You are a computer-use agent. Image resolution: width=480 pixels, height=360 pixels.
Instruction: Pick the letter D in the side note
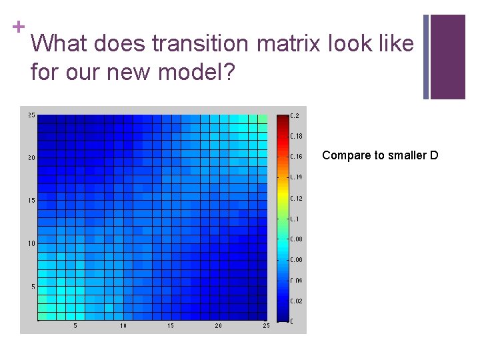pos(434,155)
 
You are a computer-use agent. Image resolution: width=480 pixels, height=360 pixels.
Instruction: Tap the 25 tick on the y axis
pos(31,115)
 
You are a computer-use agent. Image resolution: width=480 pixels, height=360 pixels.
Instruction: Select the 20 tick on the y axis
pos(31,158)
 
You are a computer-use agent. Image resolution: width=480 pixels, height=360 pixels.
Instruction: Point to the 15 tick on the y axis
pos(31,201)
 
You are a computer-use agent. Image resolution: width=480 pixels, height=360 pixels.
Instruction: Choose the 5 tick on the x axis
pos(75,326)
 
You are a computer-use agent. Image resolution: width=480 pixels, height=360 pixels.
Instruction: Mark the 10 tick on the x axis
pos(123,326)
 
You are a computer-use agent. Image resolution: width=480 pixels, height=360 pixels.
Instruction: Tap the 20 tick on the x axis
pos(219,326)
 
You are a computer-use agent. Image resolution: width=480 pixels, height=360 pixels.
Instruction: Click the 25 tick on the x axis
pos(266,326)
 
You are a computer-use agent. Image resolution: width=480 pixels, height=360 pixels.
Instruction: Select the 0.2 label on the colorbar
pos(295,115)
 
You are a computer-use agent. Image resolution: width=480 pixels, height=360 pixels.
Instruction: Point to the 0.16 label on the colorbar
pos(297,157)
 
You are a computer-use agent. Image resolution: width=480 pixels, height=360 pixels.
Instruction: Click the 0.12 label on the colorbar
pos(297,198)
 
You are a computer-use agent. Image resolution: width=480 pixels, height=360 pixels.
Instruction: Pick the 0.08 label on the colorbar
pos(297,239)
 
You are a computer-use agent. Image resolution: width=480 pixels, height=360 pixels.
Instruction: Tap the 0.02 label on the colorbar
pos(297,301)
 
